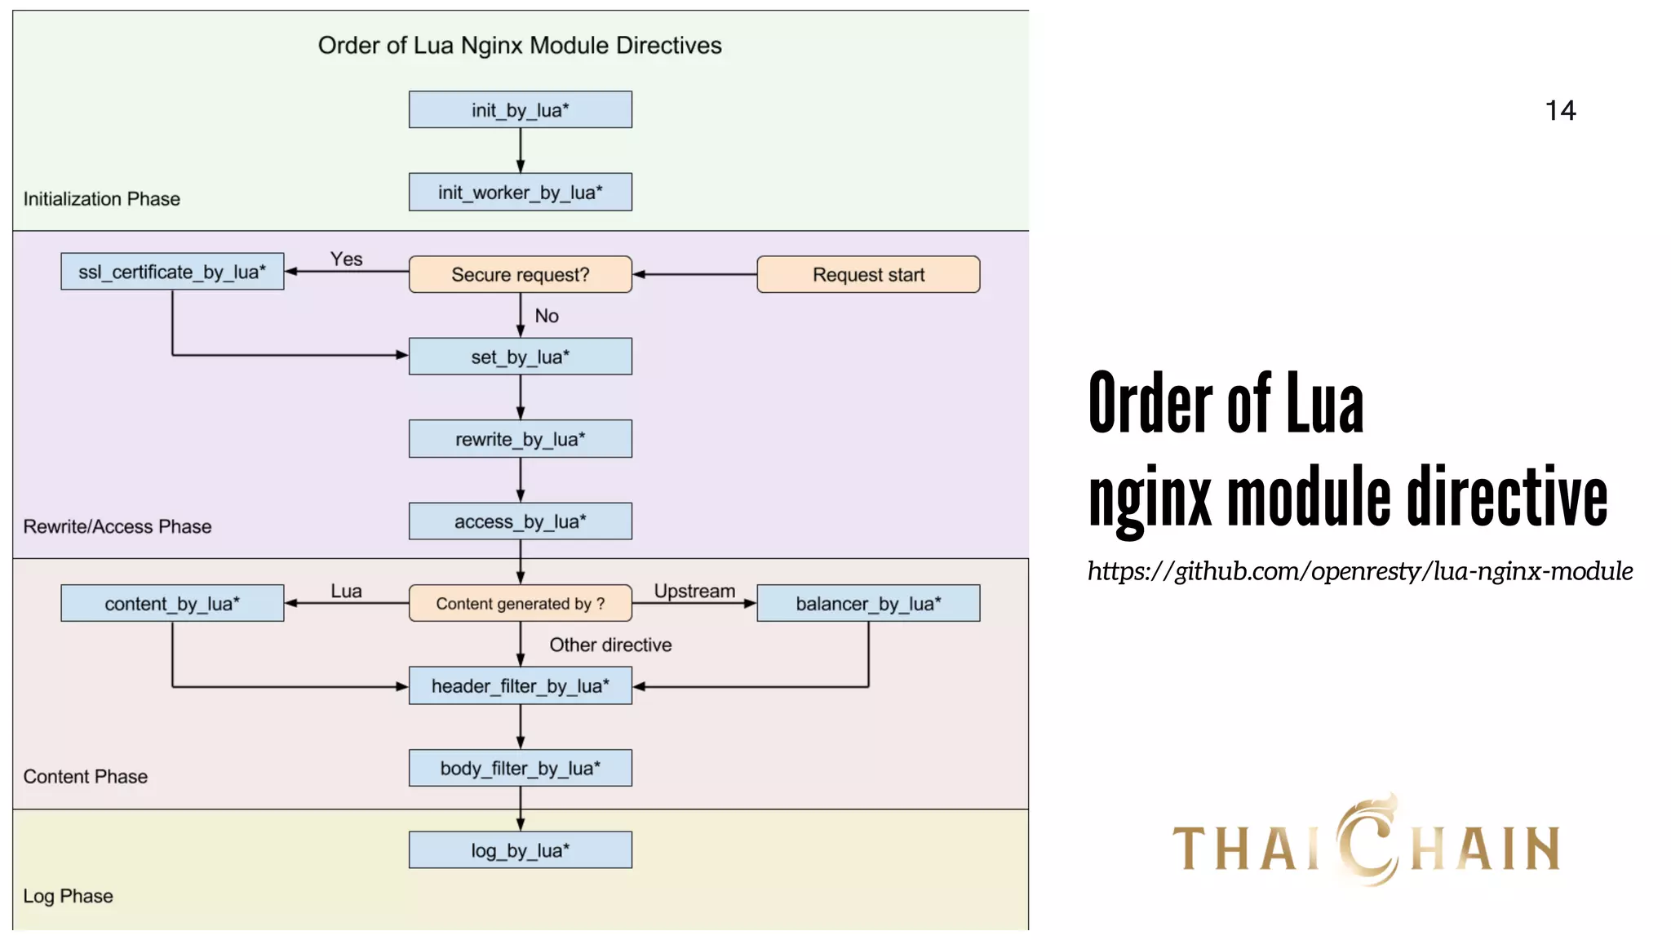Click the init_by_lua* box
pos(520,109)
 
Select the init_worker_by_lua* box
pos(520,192)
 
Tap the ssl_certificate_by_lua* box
pos(172,272)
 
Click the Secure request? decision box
pos(520,274)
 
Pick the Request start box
pos(868,274)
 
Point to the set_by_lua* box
pos(520,357)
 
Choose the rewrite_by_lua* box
pos(520,439)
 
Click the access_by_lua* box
pos(520,521)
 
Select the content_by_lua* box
pos(172,603)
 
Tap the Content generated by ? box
pos(520,603)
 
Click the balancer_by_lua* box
pos(868,603)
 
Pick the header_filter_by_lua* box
pos(520,685)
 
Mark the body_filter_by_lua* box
pos(520,768)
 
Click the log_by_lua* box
pos(520,850)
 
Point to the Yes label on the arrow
pos(346,259)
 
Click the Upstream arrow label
pos(694,591)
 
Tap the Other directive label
pos(610,645)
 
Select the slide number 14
pos(1560,110)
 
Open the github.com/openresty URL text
pos(1359,570)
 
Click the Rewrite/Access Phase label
pos(117,526)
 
